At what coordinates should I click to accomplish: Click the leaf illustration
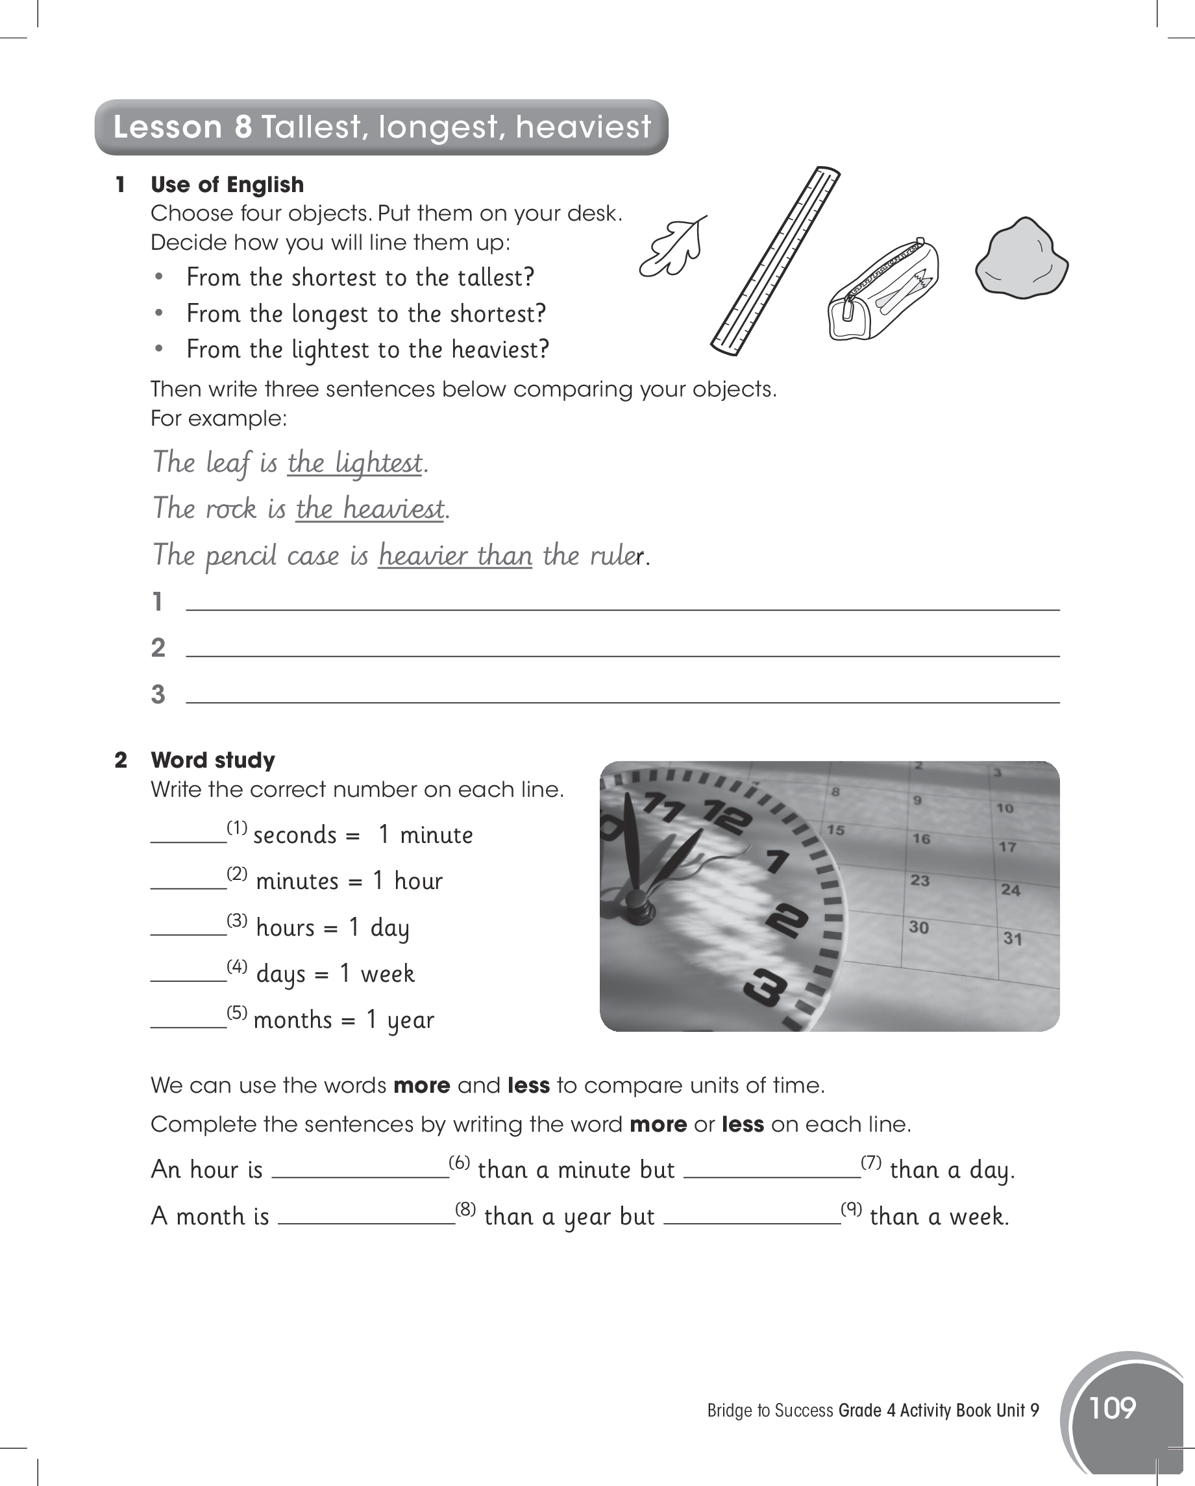[673, 248]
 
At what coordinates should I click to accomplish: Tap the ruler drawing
[776, 262]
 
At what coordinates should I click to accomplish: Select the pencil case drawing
[883, 290]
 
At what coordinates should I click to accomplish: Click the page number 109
[1113, 1407]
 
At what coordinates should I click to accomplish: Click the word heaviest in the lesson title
[583, 127]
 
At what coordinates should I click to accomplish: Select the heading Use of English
[227, 185]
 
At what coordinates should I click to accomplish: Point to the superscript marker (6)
[460, 1163]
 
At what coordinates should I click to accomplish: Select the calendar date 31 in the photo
[1012, 938]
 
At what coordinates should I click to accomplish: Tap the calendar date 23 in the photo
[920, 880]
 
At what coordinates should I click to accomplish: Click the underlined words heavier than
[455, 555]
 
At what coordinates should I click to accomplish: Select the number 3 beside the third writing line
[158, 694]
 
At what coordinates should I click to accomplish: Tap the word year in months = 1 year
[411, 1020]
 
